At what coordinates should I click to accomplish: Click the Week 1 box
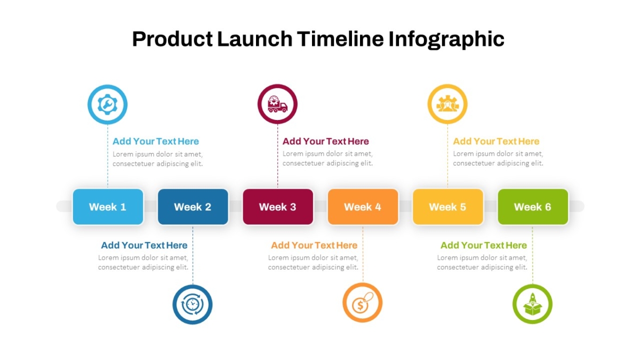point(108,206)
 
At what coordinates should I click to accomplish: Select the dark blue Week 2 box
point(193,206)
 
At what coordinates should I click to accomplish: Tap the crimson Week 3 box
point(278,206)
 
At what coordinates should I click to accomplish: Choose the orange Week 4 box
point(363,206)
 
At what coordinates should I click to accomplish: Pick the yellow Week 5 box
point(447,206)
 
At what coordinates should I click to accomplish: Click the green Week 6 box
point(533,206)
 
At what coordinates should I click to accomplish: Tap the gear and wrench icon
point(107,105)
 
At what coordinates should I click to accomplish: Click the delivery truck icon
point(277,104)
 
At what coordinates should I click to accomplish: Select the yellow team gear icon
point(447,104)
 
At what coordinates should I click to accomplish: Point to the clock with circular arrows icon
point(193,305)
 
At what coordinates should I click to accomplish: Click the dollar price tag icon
point(362,302)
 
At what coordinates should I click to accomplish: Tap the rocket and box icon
point(532,304)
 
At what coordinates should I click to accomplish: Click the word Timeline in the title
point(340,39)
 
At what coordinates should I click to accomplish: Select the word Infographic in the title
point(446,39)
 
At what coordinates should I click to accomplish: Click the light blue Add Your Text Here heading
point(156,141)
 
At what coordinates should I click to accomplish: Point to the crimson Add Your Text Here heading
point(326,141)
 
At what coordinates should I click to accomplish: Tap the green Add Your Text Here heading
point(484,245)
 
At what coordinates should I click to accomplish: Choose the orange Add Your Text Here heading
point(314,245)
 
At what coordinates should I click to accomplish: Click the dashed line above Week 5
point(447,156)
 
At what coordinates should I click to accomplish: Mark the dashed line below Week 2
point(193,254)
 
